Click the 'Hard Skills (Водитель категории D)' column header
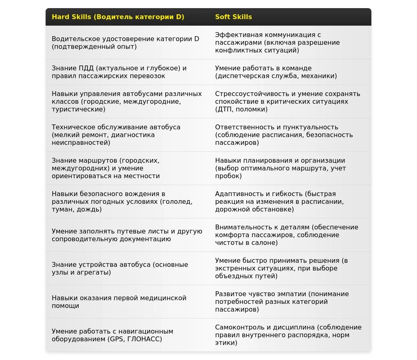point(118,17)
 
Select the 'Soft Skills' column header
point(233,17)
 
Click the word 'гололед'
point(177,202)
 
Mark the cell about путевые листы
point(127,235)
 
